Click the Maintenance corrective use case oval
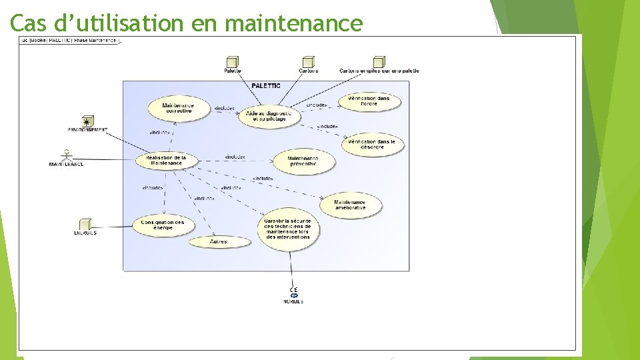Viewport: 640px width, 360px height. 178,107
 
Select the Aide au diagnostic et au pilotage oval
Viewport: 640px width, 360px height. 269,116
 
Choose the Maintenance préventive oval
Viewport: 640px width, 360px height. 303,161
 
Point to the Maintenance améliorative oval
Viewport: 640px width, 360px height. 350,205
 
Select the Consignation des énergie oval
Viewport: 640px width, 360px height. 163,225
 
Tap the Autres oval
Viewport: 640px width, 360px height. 219,241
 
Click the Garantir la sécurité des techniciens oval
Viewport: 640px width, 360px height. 288,229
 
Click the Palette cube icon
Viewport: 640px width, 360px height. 233,62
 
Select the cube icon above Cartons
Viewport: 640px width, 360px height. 308,62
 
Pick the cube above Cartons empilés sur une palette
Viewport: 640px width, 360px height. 379,62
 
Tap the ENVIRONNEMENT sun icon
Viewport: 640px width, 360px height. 87,121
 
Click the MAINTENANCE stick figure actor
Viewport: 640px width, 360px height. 66,156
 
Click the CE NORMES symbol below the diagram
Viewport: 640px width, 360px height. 293,294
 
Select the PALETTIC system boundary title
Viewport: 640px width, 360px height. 266,85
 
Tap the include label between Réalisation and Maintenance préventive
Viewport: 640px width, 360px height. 235,157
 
